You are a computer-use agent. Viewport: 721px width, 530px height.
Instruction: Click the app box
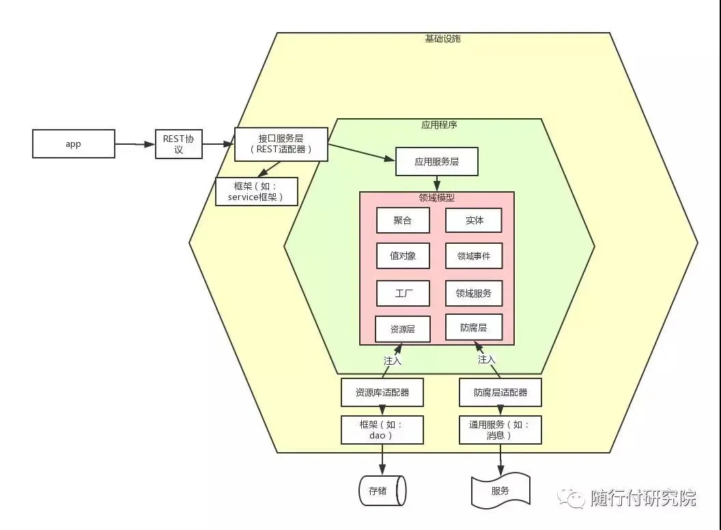[x=74, y=144]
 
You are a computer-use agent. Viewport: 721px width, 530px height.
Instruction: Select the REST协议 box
[x=178, y=144]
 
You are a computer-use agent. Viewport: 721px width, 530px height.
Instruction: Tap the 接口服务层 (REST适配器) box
[x=281, y=144]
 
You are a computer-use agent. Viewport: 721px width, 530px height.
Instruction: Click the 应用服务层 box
[x=436, y=162]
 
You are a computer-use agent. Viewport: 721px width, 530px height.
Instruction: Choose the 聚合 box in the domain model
[x=403, y=221]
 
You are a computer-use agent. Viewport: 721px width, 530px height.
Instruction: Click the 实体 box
[x=474, y=221]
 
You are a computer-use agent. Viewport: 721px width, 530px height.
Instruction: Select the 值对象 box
[x=403, y=256]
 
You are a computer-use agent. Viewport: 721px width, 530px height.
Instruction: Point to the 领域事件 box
[x=474, y=256]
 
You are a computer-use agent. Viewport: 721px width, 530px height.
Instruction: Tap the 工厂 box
[x=403, y=294]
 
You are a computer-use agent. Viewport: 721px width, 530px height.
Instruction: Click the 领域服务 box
[x=474, y=294]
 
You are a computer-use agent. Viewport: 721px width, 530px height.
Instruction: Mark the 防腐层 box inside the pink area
[x=474, y=328]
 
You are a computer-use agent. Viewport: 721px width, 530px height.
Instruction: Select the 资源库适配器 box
[x=382, y=393]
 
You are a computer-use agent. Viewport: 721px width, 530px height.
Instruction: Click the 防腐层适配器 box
[x=500, y=393]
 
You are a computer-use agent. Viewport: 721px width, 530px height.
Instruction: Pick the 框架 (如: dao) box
[x=382, y=430]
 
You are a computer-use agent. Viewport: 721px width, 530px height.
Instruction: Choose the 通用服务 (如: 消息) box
[x=500, y=430]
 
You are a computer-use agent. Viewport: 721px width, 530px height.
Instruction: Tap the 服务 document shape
[x=500, y=490]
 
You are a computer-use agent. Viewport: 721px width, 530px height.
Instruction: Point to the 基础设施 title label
[x=442, y=39]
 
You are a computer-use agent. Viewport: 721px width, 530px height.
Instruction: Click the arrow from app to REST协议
[x=135, y=144]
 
